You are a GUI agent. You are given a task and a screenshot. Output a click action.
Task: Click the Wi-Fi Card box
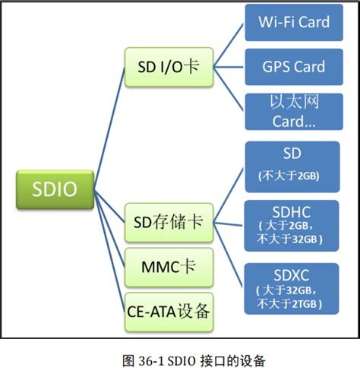tap(292, 22)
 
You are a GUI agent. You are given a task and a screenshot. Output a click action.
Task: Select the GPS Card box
tap(292, 66)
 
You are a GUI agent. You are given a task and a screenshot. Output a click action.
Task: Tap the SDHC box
tap(292, 224)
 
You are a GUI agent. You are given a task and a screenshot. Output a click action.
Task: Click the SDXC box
tap(292, 287)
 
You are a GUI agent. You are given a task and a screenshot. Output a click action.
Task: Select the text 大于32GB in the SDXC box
tap(292, 290)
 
